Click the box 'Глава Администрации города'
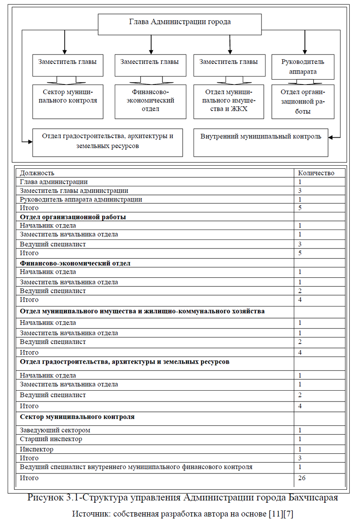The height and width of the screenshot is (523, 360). [x=180, y=24]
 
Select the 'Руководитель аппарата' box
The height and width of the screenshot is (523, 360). [x=302, y=66]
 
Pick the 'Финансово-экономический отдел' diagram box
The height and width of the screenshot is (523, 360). [x=150, y=101]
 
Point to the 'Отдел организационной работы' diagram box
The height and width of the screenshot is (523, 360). [x=302, y=101]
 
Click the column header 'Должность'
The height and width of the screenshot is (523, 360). [x=37, y=173]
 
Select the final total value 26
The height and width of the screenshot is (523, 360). [x=301, y=478]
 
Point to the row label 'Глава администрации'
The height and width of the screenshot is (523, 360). [x=54, y=182]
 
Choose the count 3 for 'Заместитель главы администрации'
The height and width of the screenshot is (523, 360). [x=300, y=191]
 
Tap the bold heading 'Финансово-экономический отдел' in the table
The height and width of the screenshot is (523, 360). [x=75, y=263]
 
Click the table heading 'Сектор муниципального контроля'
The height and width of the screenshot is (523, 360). [x=77, y=417]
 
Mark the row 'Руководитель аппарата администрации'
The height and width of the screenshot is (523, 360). [x=81, y=199]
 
